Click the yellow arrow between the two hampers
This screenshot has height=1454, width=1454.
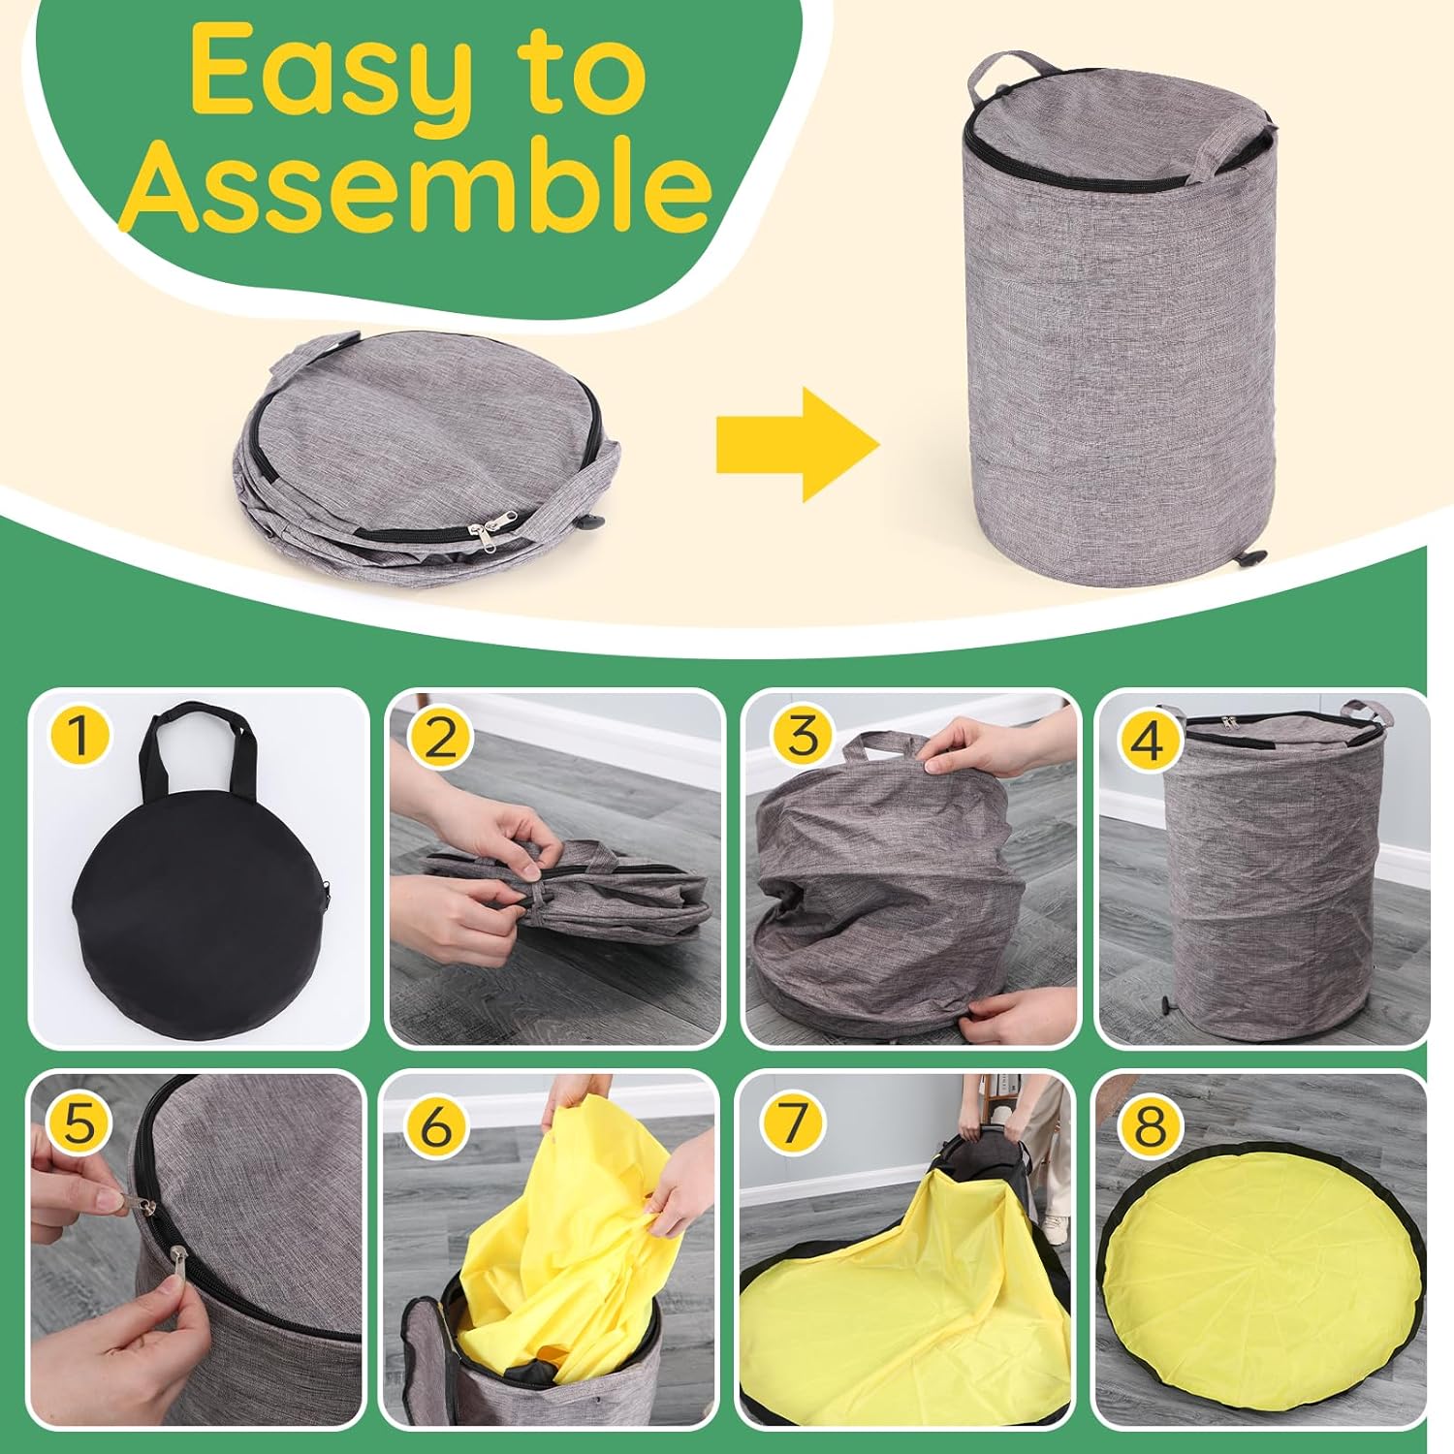[797, 445]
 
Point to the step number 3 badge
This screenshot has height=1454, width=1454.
[803, 736]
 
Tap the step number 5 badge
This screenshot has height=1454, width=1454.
[79, 1125]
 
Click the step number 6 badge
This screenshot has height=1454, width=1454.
[436, 1125]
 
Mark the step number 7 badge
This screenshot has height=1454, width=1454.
[793, 1123]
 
